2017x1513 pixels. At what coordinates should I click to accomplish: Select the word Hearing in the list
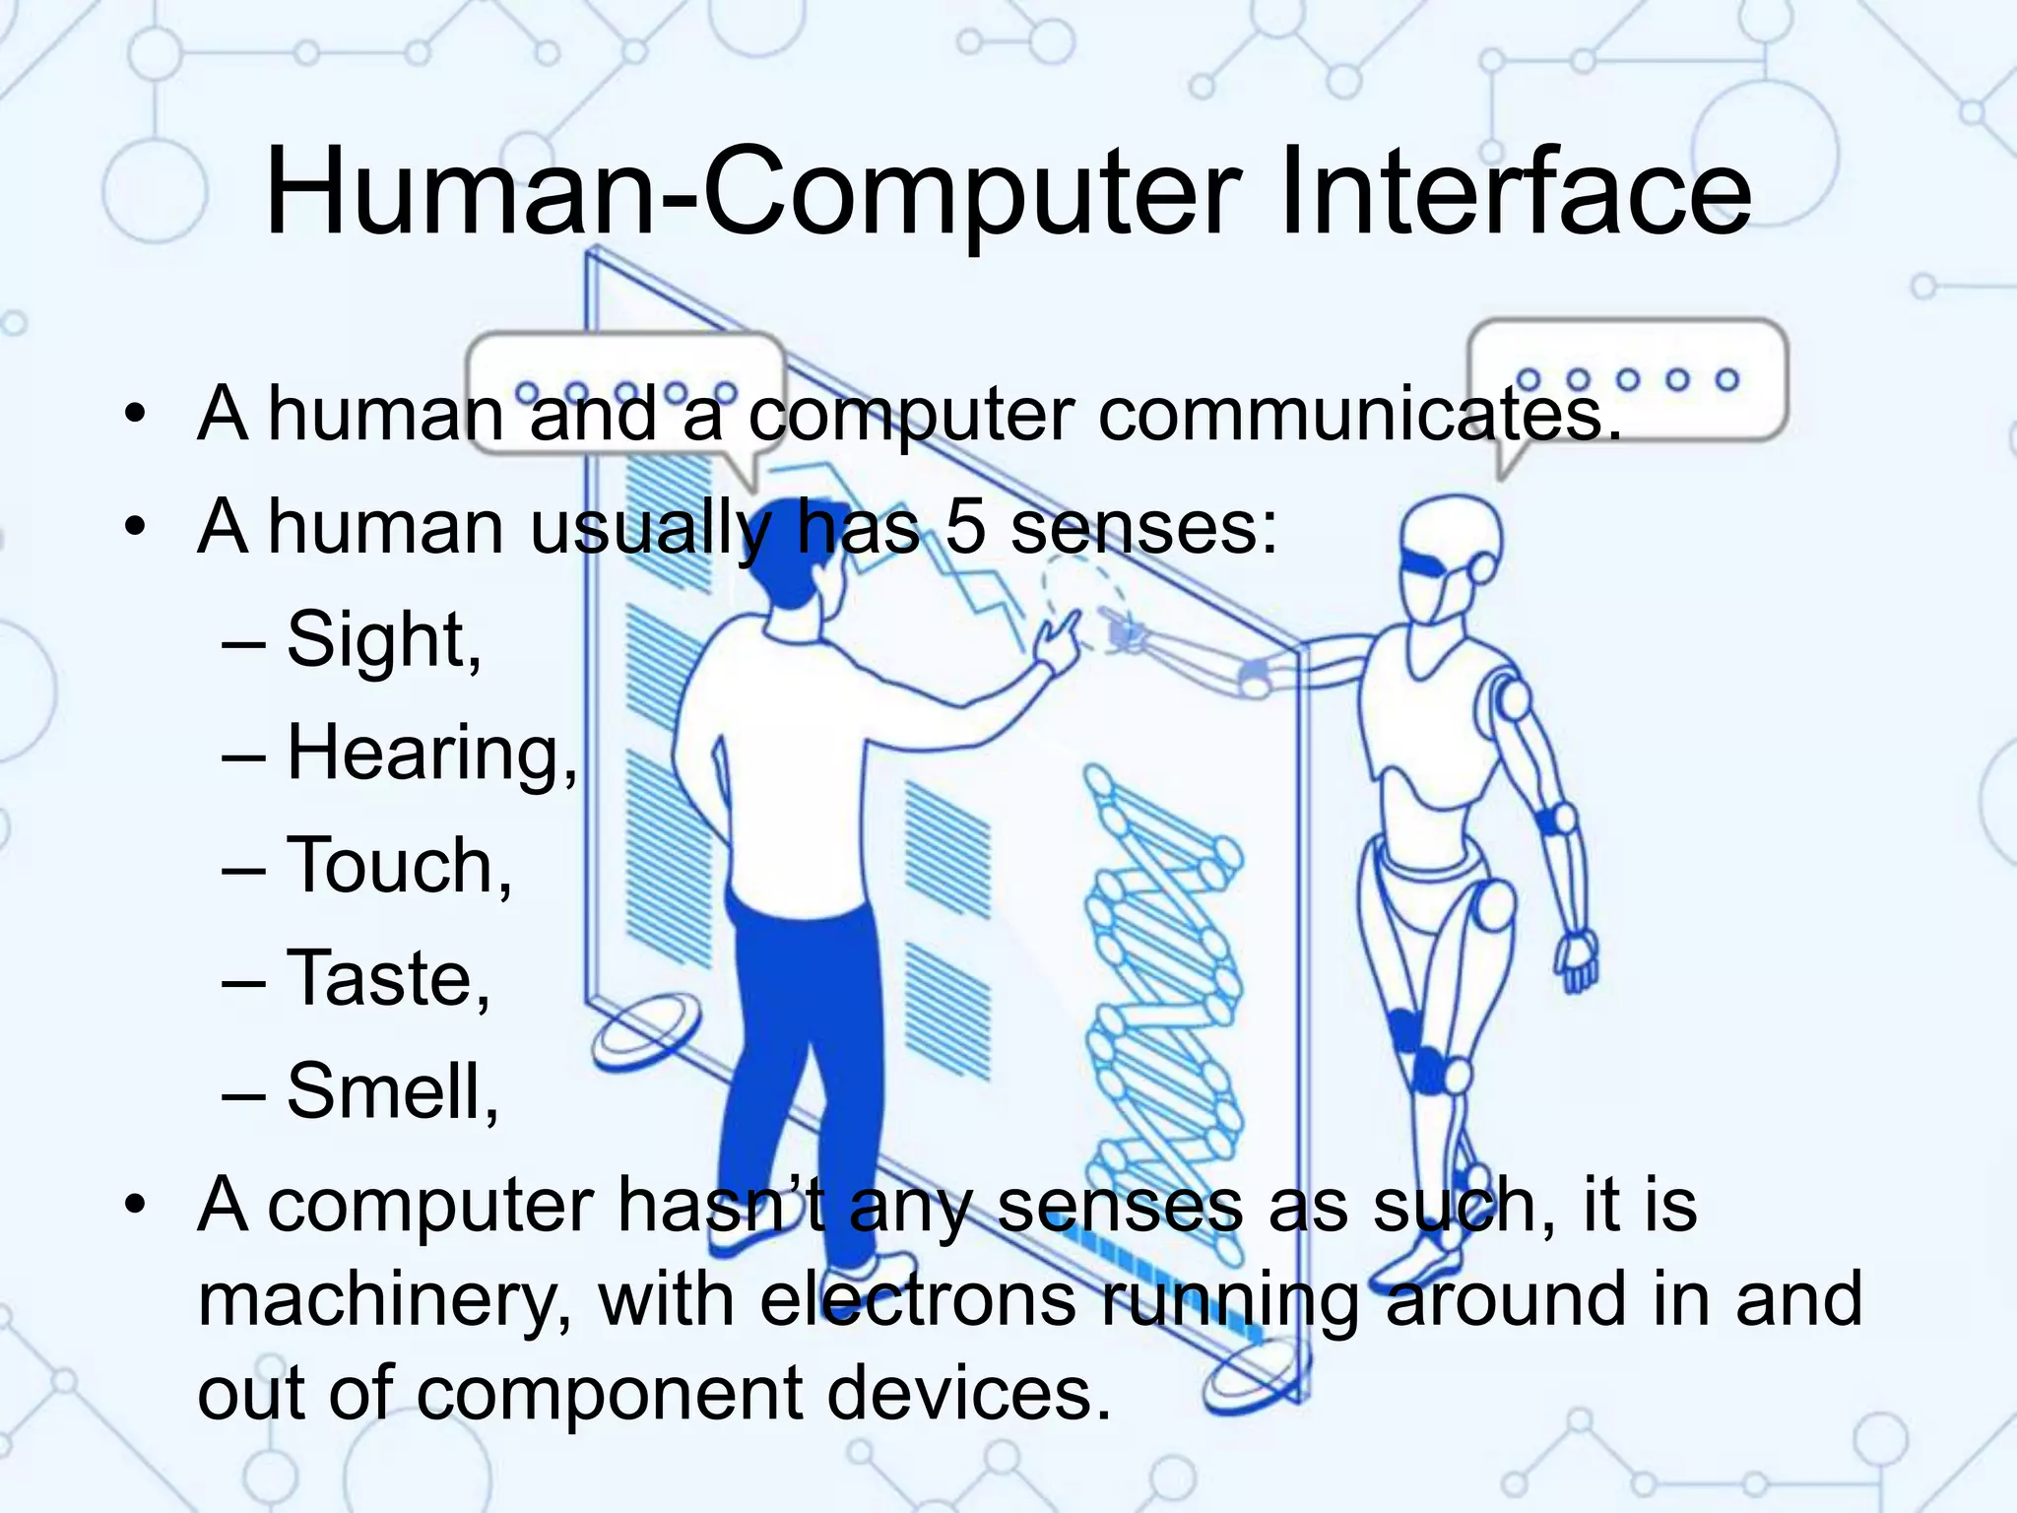429,754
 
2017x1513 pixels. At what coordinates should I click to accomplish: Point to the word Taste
385,979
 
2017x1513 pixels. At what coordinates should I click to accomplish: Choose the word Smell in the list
390,1092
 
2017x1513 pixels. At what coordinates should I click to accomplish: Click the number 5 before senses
965,526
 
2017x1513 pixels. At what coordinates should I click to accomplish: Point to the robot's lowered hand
1577,960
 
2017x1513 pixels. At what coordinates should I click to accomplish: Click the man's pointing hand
1058,640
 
